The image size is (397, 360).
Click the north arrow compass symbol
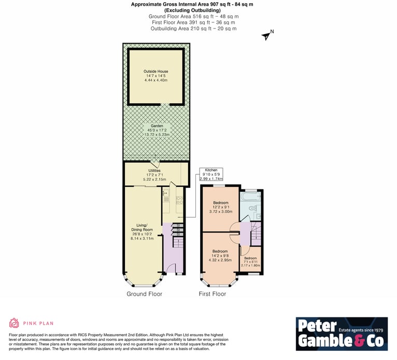pyautogui.click(x=267, y=35)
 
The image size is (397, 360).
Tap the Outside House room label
pyautogui.click(x=155, y=72)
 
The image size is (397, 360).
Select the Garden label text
pyautogui.click(x=157, y=126)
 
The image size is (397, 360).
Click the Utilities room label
pyautogui.click(x=154, y=171)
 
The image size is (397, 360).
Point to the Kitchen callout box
pyautogui.click(x=211, y=174)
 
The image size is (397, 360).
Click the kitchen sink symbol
pyautogui.click(x=166, y=193)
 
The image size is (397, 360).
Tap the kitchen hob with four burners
pyautogui.click(x=179, y=200)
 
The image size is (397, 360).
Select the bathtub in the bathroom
pyautogui.click(x=250, y=197)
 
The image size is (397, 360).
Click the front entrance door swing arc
pyautogui.click(x=171, y=268)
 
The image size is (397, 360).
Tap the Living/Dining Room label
pyautogui.click(x=142, y=227)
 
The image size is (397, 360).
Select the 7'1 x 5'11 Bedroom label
pyautogui.click(x=250, y=262)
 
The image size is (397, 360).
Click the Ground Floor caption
pyautogui.click(x=144, y=294)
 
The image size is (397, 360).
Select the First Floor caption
pyautogui.click(x=212, y=294)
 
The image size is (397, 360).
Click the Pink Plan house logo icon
pyautogui.click(x=14, y=323)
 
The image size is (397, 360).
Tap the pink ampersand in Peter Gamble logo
pyautogui.click(x=360, y=341)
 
